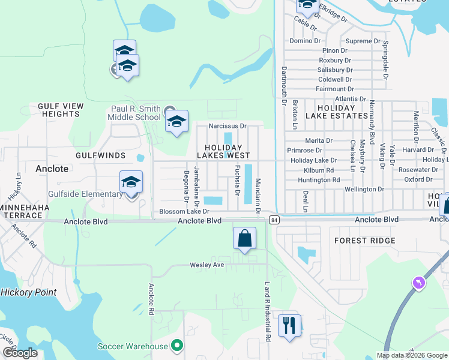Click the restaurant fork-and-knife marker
(289, 326)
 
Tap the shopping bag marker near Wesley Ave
(245, 239)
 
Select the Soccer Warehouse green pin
(176, 346)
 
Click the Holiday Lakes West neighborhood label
(223, 151)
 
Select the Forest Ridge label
(365, 241)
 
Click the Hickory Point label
(28, 292)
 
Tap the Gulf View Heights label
(60, 110)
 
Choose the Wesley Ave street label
(206, 265)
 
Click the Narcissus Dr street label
(228, 126)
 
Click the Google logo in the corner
(20, 353)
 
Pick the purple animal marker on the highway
(418, 282)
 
